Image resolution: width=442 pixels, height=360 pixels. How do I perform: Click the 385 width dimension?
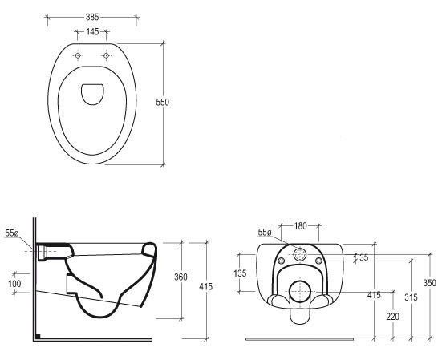pos(92,17)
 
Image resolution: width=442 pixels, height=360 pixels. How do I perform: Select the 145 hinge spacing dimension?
pos(92,32)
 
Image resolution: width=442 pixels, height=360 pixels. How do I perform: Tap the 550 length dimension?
pos(163,102)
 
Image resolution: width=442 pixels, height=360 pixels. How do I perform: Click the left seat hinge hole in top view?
pos(78,55)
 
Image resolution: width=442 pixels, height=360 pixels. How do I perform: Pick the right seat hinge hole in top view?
pos(106,55)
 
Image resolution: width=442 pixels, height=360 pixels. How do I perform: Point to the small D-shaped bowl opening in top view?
pos(92,95)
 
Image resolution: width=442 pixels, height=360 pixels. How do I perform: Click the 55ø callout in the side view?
pos(12,233)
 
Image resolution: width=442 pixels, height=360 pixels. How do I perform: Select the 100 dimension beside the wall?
pos(14,283)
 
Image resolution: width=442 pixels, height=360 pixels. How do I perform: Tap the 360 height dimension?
pos(180,277)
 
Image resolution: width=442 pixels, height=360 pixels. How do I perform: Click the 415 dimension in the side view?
pos(206,287)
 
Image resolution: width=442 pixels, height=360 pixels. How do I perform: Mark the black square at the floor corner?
pos(38,336)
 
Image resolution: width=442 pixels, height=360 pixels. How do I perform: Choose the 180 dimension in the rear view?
pos(300,225)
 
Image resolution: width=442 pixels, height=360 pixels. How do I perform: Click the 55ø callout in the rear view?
pos(265,233)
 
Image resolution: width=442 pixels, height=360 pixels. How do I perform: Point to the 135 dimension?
pos(240,273)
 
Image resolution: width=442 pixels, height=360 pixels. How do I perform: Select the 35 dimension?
pos(364,257)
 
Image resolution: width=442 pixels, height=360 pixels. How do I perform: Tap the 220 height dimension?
pos(393,317)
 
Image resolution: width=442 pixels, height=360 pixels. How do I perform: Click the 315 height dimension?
pos(411,297)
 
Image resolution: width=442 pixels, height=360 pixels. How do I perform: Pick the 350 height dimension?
pos(430,282)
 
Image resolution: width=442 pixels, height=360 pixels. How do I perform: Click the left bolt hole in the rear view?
pos(281,261)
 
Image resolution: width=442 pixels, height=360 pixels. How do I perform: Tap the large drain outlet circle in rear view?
pos(300,291)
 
